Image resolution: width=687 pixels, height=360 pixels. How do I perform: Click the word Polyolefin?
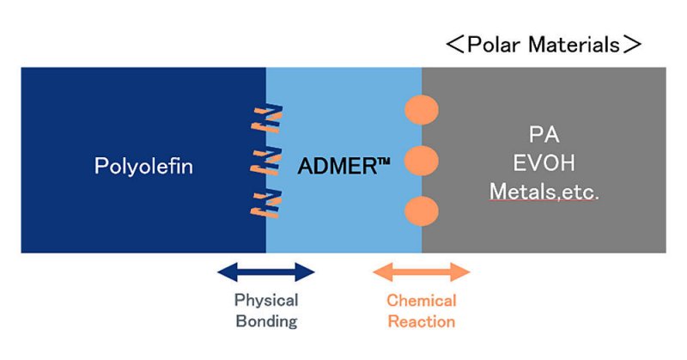143,165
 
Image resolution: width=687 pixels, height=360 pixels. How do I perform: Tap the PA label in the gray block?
543,135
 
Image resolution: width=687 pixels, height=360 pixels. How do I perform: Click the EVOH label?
543,162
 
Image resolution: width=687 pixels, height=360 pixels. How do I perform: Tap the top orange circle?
421,110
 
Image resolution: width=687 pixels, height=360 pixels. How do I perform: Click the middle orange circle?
421,161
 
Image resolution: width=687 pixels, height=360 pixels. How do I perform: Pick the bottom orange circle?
421,211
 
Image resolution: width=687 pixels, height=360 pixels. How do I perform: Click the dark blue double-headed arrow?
266,273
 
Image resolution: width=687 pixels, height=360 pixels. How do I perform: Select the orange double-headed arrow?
421,273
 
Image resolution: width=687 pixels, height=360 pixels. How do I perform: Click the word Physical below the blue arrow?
266,301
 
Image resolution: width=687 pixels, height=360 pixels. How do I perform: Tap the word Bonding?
266,322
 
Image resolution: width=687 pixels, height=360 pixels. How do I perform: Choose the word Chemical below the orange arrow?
421,301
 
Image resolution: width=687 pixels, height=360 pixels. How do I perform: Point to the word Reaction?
421,322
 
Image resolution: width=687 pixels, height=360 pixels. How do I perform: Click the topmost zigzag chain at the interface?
267,119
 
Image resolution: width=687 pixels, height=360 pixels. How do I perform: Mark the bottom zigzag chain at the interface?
267,202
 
